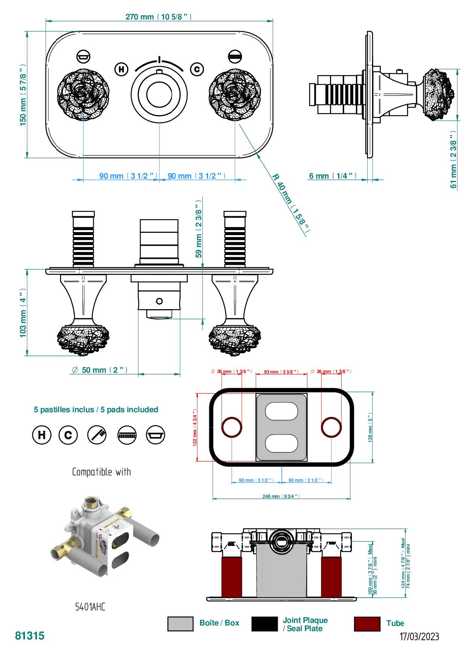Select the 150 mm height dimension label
pyautogui.click(x=23, y=95)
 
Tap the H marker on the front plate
pyautogui.click(x=121, y=69)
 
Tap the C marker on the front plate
pyautogui.click(x=197, y=69)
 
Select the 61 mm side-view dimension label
pyautogui.click(x=453, y=159)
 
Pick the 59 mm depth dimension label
pyautogui.click(x=199, y=229)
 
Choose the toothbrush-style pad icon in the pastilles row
pyautogui.click(x=97, y=435)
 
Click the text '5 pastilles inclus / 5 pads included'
pyautogui.click(x=96, y=410)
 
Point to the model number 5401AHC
pyautogui.click(x=90, y=607)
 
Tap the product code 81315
pyautogui.click(x=30, y=636)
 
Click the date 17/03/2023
pyautogui.click(x=419, y=636)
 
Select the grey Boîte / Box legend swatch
pyautogui.click(x=180, y=624)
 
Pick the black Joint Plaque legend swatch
pyautogui.click(x=264, y=624)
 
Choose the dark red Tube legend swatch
pyautogui.click(x=367, y=624)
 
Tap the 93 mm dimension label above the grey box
pyautogui.click(x=281, y=372)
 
